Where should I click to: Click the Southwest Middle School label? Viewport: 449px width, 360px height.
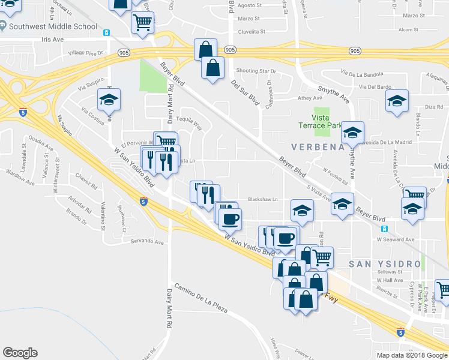53,26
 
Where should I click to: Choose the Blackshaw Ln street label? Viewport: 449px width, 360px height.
263,200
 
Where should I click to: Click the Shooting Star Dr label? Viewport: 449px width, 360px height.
256,70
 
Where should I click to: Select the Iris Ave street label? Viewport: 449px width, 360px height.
53,40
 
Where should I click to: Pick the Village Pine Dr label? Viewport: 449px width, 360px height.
86,53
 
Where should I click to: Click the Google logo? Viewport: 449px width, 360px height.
20,353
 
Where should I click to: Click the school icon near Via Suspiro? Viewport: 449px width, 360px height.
109,100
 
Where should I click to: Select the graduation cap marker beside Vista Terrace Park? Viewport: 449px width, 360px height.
352,133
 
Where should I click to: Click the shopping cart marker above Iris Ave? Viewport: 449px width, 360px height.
143,22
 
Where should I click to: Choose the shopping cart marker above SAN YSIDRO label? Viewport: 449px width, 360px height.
322,257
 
